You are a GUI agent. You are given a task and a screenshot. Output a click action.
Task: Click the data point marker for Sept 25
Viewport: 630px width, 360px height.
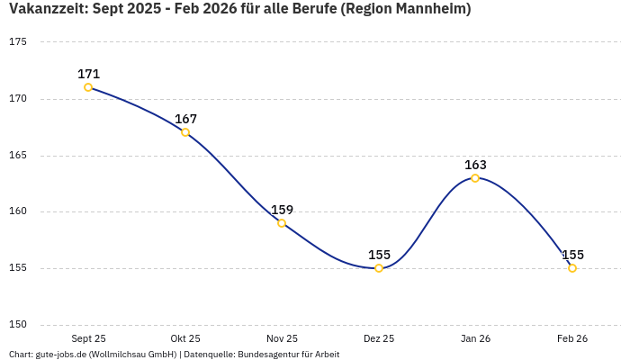click(x=88, y=87)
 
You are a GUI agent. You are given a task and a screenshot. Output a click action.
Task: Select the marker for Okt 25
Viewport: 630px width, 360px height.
click(x=185, y=132)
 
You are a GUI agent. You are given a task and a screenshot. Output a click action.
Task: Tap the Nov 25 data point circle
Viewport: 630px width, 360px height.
click(x=282, y=223)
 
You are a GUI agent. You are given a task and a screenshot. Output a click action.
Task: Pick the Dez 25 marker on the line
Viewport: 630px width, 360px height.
click(x=379, y=268)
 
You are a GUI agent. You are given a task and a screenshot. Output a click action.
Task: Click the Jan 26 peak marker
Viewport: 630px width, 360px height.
click(x=475, y=178)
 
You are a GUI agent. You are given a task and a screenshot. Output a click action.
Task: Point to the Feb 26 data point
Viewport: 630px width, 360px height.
click(x=572, y=268)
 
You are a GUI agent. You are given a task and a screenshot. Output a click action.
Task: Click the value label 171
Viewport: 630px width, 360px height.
click(x=88, y=74)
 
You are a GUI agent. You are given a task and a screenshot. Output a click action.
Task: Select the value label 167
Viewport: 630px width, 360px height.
click(x=185, y=119)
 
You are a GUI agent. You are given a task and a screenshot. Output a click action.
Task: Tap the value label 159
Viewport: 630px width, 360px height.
click(x=282, y=210)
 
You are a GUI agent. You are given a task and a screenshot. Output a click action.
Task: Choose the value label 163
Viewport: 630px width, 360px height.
click(x=475, y=165)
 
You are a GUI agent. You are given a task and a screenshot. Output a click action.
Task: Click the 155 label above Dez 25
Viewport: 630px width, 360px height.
click(x=379, y=255)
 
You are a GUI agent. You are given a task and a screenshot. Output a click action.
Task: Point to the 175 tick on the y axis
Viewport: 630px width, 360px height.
click(x=19, y=42)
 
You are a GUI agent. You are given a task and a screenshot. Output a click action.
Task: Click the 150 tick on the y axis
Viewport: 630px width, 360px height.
click(x=19, y=325)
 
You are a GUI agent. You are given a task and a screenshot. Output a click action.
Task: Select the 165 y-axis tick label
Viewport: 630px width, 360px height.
click(x=19, y=156)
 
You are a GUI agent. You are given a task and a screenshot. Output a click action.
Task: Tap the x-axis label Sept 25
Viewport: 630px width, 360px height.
click(x=88, y=338)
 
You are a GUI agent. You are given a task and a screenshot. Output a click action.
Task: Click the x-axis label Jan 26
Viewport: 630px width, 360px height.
click(x=475, y=338)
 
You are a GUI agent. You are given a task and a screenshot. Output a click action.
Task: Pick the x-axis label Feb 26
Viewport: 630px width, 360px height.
click(x=572, y=338)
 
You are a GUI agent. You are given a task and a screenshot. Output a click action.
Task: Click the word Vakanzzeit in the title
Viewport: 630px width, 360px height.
click(x=46, y=9)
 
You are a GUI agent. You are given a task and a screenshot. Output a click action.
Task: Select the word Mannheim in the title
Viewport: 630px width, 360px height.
click(x=428, y=9)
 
